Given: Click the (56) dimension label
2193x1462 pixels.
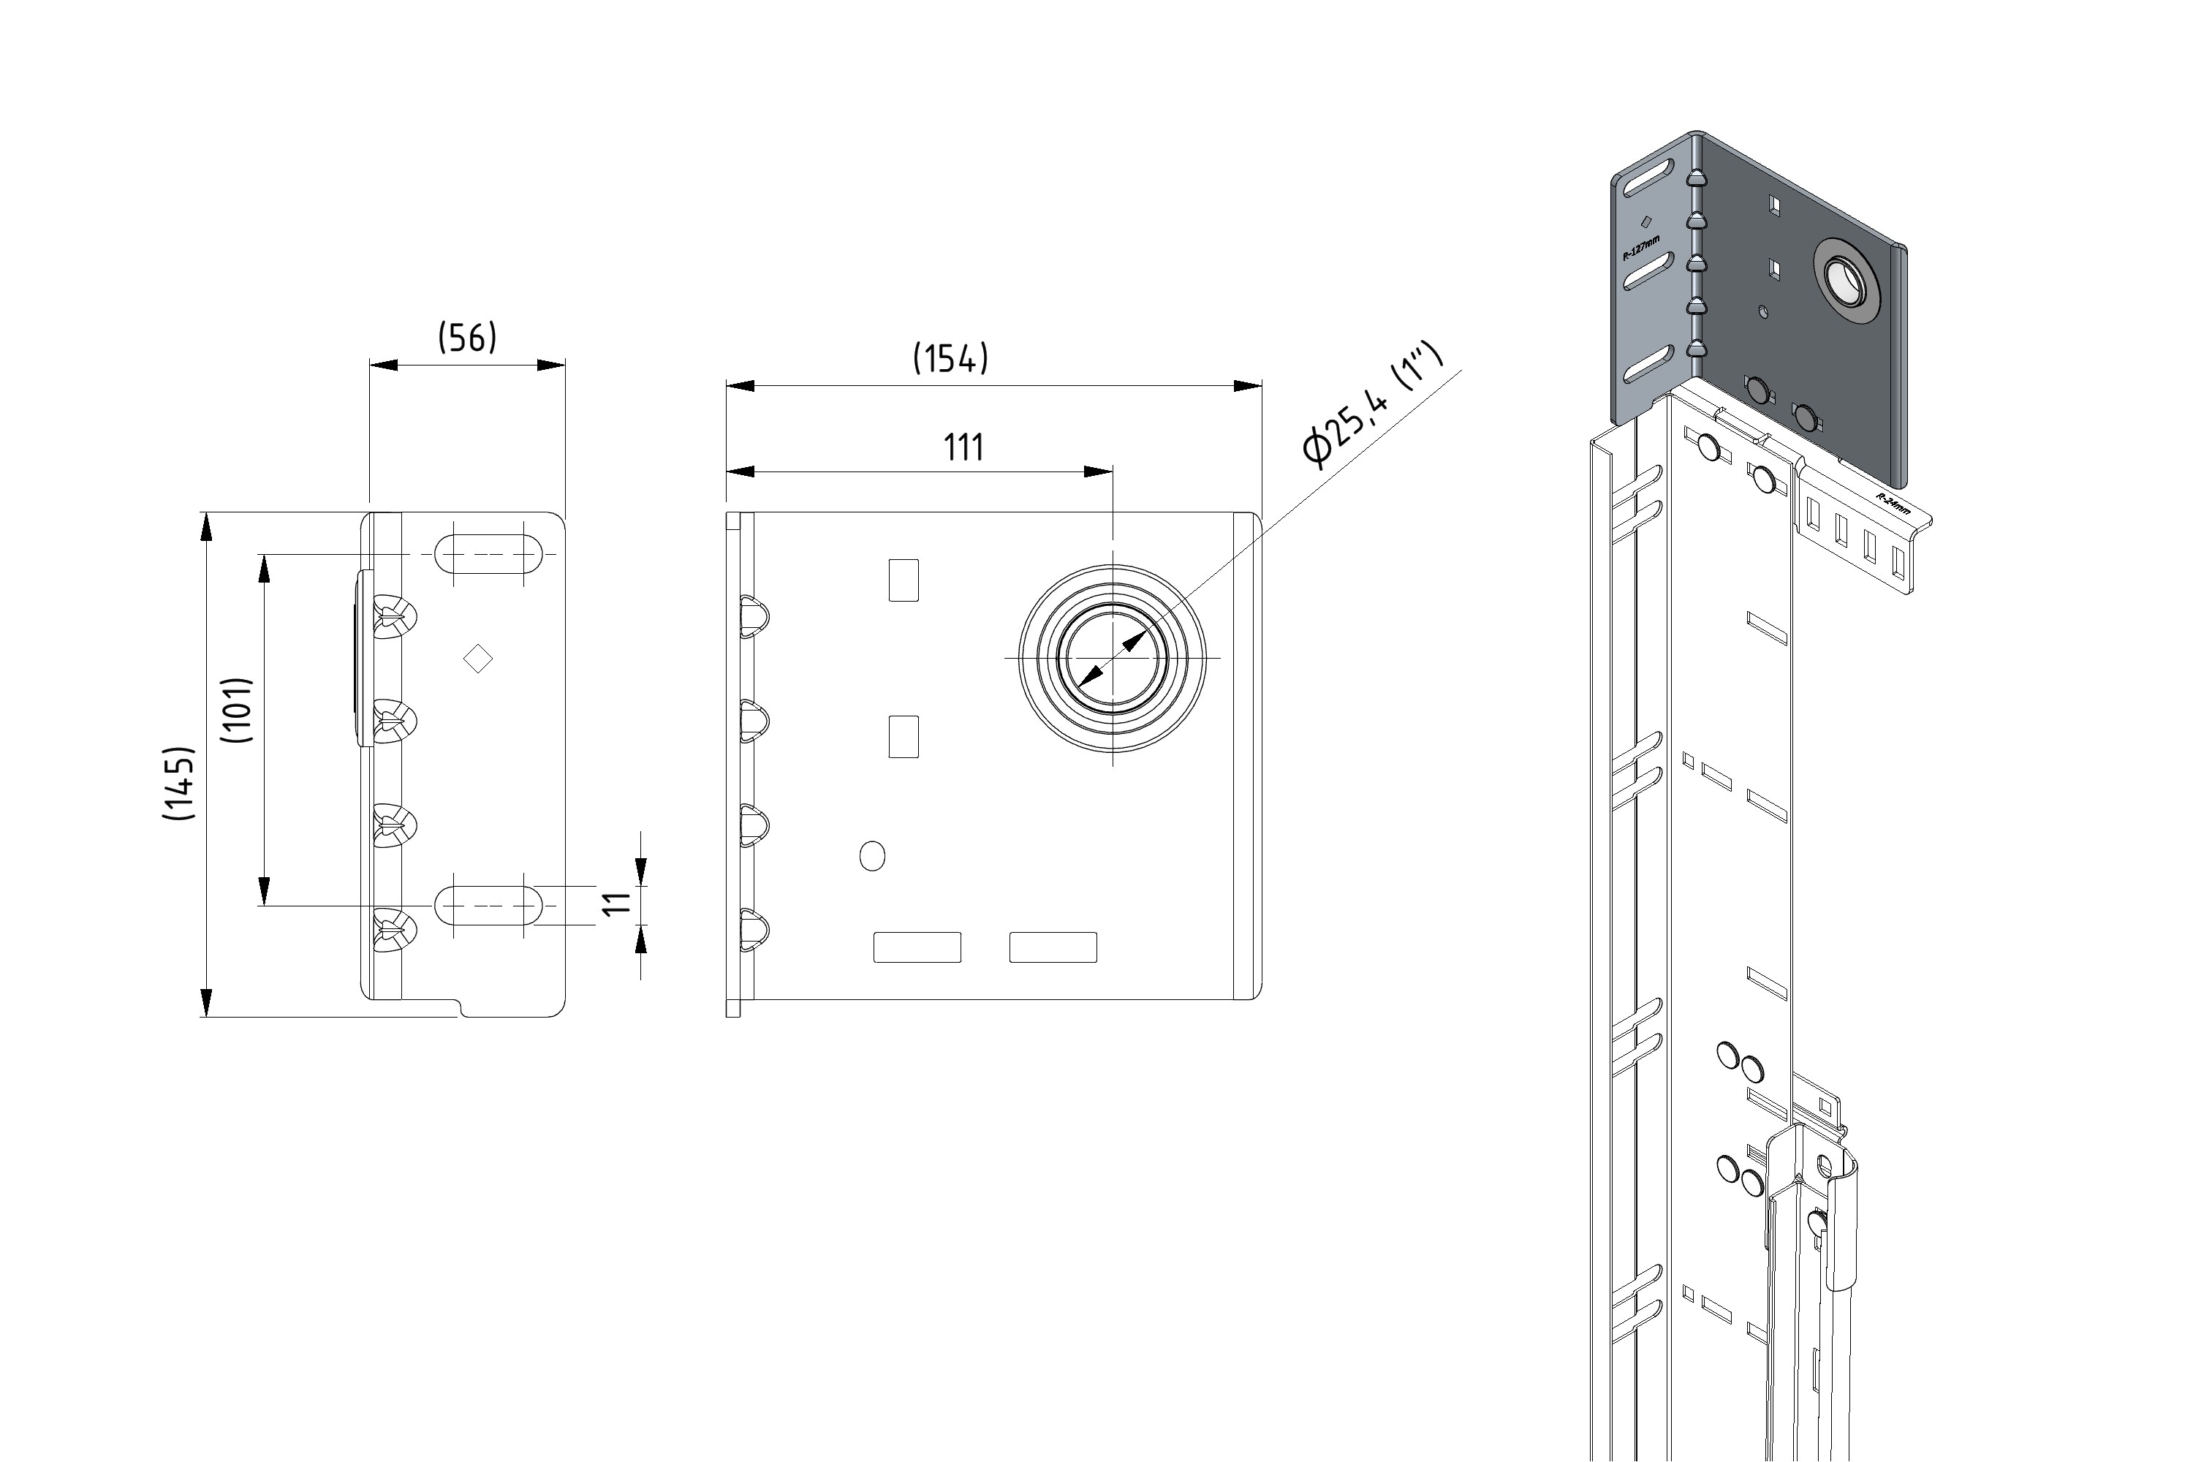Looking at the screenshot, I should click(x=467, y=338).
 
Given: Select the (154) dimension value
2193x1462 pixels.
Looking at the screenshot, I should click(x=950, y=358).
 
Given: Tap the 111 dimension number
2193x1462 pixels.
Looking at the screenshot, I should click(x=963, y=447).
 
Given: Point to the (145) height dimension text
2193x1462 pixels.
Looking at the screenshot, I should click(x=179, y=783).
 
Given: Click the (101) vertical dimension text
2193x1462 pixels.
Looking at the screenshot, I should click(x=237, y=710).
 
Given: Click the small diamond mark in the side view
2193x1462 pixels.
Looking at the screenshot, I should click(x=478, y=659).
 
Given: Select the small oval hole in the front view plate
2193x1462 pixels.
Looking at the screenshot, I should click(x=872, y=855).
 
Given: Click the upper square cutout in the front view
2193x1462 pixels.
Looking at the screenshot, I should click(x=904, y=580).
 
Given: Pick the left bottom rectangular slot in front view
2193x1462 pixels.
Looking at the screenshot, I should click(x=917, y=947).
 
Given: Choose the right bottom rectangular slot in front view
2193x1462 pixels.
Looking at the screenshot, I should click(x=1053, y=947).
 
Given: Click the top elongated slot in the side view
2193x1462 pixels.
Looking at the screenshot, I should click(x=488, y=554).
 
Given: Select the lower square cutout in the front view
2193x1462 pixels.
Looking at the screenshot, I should click(x=904, y=737).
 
